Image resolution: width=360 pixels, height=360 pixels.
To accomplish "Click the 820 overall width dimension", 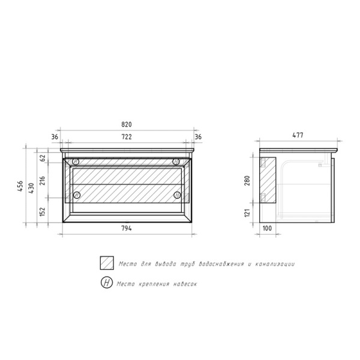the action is click(127, 124).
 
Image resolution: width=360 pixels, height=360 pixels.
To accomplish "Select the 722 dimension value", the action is click(127, 137).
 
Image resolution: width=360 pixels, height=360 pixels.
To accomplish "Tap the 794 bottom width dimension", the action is click(127, 228).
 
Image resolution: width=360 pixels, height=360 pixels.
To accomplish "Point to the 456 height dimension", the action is click(20, 186).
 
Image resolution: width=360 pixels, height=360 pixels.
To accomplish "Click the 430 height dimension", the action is click(31, 188).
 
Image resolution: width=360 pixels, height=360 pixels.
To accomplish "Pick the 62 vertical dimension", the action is click(43, 158).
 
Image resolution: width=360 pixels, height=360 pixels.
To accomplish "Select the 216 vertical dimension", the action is click(43, 181).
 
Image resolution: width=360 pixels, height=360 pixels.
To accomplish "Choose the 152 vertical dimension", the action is click(43, 211).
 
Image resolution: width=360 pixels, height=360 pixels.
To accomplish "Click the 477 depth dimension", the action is click(298, 135).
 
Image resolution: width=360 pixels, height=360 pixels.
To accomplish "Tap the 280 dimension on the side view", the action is click(247, 181).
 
